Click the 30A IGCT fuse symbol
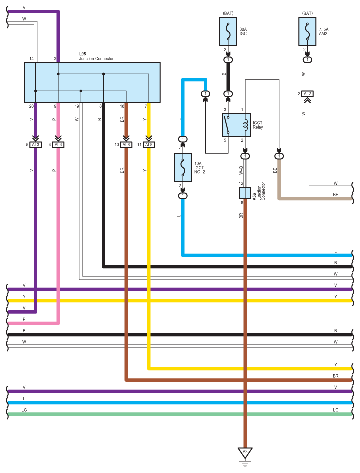click(x=228, y=31)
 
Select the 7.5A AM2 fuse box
click(x=307, y=31)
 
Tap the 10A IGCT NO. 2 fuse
click(x=183, y=167)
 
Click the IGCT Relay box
click(x=236, y=125)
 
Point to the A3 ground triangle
click(x=245, y=453)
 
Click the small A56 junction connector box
click(x=245, y=193)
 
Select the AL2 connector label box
click(x=307, y=94)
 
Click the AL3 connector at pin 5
click(x=35, y=145)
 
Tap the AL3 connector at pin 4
click(x=58, y=145)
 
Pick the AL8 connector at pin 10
click(x=126, y=145)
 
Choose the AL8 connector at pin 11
click(x=149, y=145)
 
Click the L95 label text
click(x=82, y=54)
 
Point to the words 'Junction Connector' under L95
click(x=96, y=59)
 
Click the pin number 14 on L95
click(x=31, y=59)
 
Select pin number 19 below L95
click(x=77, y=106)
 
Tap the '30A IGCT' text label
click(x=244, y=31)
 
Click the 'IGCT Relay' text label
click(x=258, y=125)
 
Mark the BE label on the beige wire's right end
click(x=335, y=195)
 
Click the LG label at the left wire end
click(x=24, y=410)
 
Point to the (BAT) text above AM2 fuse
click(x=307, y=13)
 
